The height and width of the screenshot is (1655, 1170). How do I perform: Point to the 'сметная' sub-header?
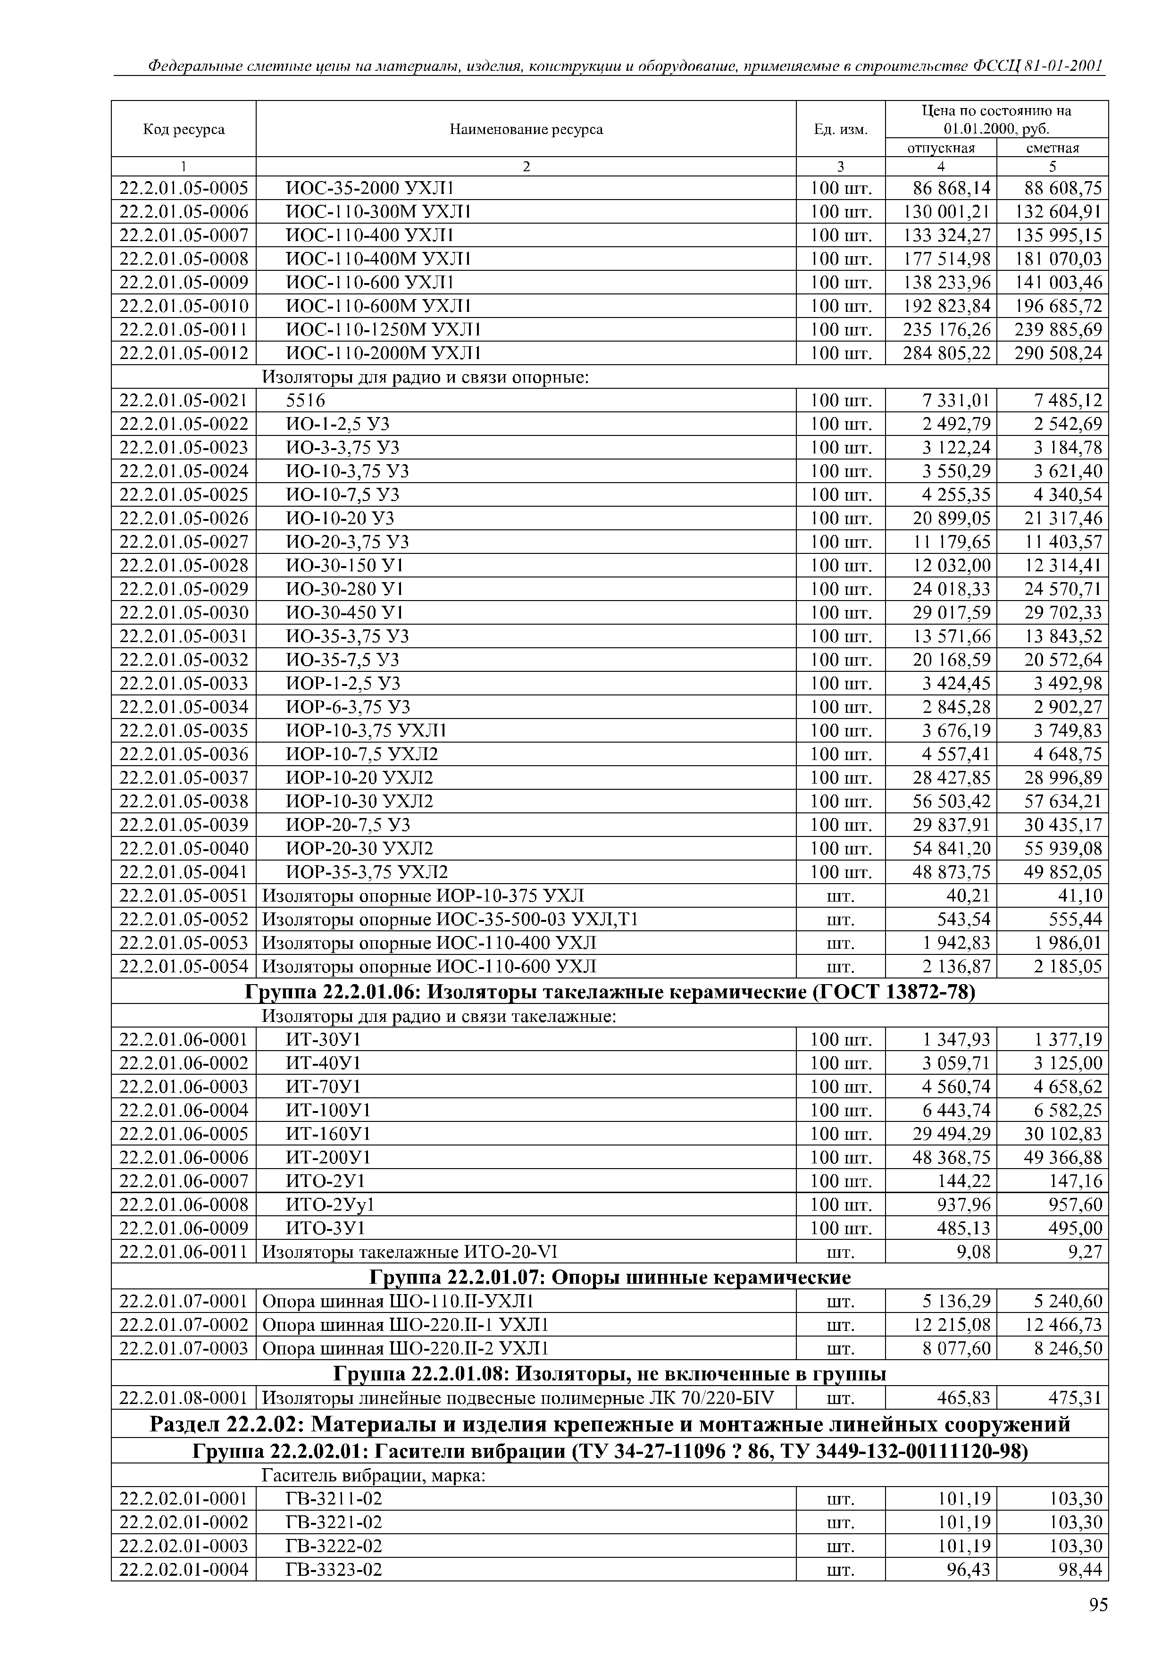click(x=1053, y=148)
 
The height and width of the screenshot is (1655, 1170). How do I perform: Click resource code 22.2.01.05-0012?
click(x=184, y=353)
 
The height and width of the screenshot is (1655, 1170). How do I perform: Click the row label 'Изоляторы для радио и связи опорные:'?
click(x=426, y=377)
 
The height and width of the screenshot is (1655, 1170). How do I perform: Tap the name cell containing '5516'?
click(x=306, y=401)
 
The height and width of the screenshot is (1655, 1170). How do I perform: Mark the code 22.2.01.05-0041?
click(x=184, y=872)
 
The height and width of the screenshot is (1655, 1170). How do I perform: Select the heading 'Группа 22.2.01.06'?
click(x=609, y=993)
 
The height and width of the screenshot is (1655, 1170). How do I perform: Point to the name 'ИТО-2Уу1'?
click(x=330, y=1204)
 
